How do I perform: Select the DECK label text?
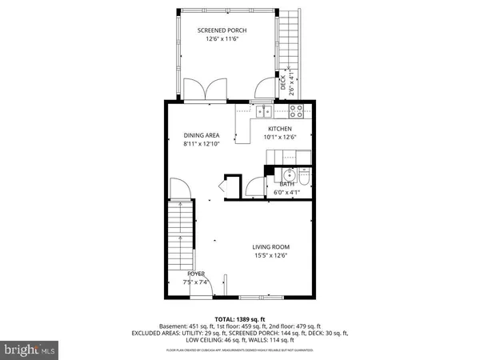click(282, 83)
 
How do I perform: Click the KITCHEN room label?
click(279, 128)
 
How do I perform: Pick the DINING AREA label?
click(201, 135)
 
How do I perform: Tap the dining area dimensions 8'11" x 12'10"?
click(201, 145)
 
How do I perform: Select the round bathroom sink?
click(287, 175)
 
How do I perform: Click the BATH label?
click(286, 184)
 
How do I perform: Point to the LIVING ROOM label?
click(270, 246)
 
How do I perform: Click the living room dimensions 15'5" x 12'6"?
click(270, 256)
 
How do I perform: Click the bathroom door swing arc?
click(255, 186)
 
